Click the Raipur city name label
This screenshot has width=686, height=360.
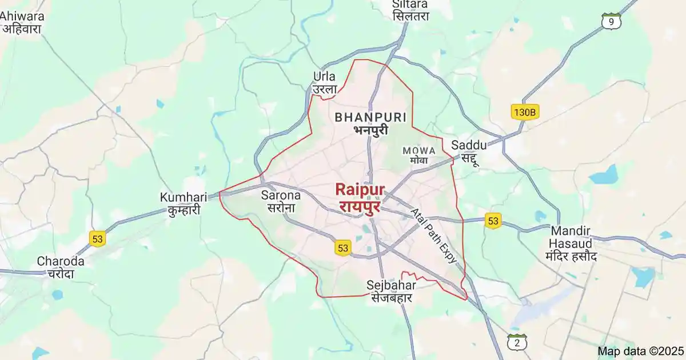pos(360,197)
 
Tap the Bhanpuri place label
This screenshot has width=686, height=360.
pos(370,123)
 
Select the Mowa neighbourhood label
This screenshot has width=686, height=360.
pos(419,155)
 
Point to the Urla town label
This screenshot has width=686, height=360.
pos(325,83)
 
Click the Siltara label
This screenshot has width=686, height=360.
pos(410,10)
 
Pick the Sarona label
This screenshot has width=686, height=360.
pos(281,201)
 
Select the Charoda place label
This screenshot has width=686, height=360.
pos(61,267)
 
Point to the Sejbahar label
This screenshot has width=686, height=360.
pos(392,291)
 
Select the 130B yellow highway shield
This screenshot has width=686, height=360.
pos(525,112)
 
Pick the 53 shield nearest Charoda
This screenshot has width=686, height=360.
pos(98,238)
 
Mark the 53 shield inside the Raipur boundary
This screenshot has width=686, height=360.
pos(342,247)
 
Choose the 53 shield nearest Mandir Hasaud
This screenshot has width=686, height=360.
pos(492,221)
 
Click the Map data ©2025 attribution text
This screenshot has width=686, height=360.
pos(640,350)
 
